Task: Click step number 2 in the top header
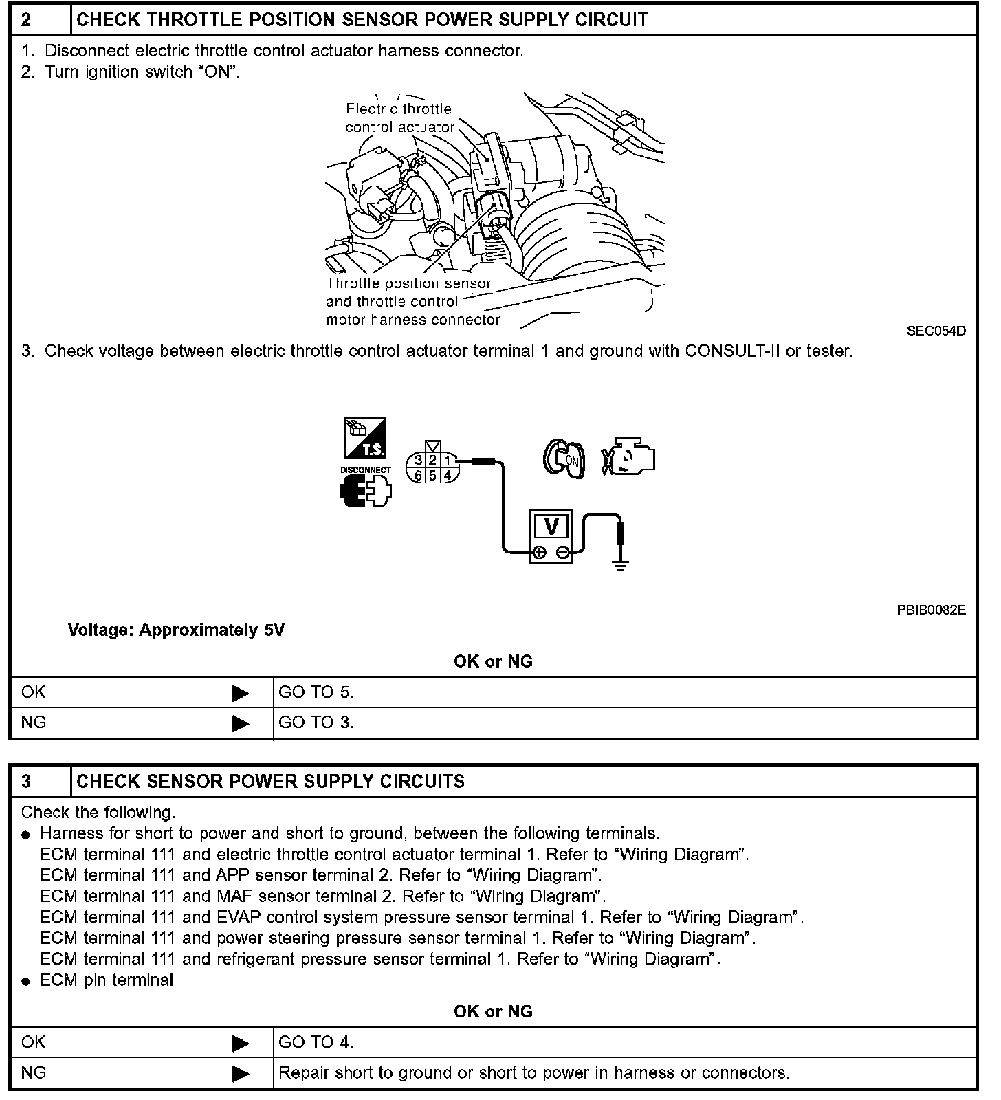point(26,19)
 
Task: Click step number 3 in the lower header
point(26,781)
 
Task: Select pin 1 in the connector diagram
point(448,461)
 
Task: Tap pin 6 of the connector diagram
point(418,475)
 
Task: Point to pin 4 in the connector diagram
point(448,475)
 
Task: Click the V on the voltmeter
point(551,526)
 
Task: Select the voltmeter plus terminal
point(540,552)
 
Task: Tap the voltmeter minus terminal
point(562,552)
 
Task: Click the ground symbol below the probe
point(621,567)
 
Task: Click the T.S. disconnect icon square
point(365,438)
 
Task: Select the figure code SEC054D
point(936,331)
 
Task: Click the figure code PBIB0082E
point(931,610)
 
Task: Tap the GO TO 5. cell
point(316,692)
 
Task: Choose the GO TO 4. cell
point(316,1042)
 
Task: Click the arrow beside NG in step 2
point(241,723)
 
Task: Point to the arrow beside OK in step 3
point(241,1044)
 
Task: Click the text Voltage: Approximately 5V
point(176,630)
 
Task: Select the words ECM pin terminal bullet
point(107,980)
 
